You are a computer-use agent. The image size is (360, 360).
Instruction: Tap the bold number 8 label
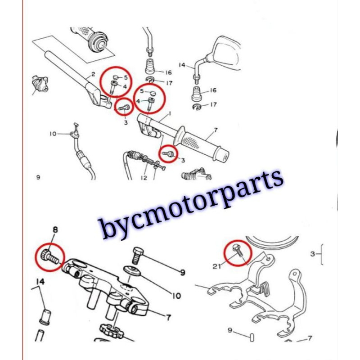[x=55, y=230]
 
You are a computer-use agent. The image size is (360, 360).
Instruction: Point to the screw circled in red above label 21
[x=238, y=251]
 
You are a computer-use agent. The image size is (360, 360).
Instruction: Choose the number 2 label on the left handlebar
[x=93, y=74]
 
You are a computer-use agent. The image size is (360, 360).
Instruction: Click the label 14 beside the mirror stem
[x=182, y=66]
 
